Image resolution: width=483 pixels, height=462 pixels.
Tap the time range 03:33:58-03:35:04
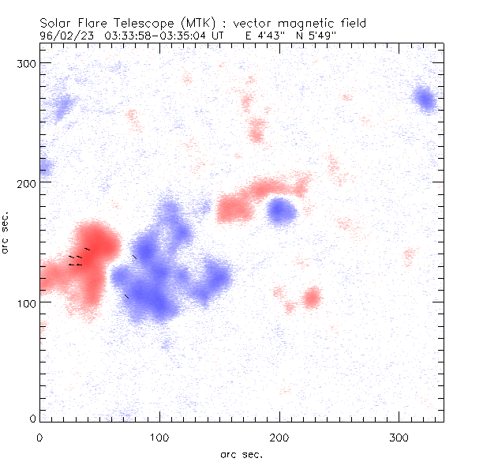pos(155,36)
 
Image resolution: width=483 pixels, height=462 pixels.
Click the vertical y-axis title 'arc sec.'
pos(6,232)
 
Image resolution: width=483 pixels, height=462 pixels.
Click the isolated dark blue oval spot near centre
pos(281,210)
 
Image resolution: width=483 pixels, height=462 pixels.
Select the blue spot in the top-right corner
pos(425,100)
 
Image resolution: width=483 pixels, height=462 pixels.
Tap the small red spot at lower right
pos(312,298)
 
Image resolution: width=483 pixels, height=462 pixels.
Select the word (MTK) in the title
pos(196,24)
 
